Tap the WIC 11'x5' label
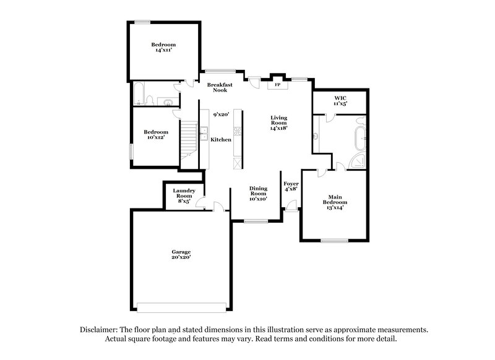340,100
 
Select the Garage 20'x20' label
181,254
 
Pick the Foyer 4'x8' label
291,186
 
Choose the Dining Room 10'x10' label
258,194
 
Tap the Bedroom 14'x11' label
164,48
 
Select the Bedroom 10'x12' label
156,134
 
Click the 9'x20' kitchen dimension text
221,115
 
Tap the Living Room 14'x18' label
279,122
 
